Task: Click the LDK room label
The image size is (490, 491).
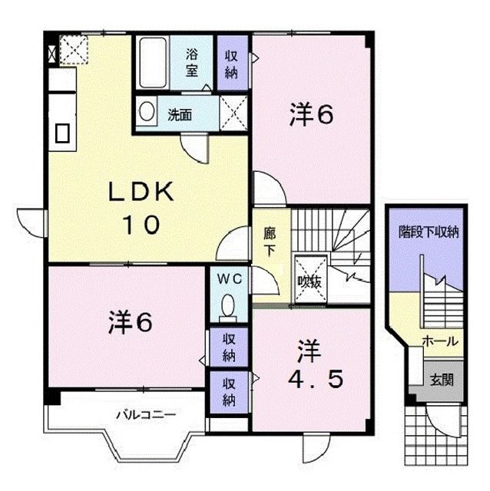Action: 141,192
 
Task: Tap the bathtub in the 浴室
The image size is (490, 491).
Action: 153,63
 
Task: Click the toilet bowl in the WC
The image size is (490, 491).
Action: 228,305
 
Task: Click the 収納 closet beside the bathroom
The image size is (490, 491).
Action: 232,63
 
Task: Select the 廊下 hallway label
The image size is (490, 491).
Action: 270,242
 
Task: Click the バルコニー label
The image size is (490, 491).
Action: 146,416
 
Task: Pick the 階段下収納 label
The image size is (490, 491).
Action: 429,232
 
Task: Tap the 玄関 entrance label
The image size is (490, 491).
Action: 442,381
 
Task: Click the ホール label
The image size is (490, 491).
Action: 440,341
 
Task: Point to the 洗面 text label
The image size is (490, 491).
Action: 180,115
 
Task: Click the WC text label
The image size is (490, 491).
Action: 230,278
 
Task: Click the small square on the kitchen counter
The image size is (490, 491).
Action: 62,133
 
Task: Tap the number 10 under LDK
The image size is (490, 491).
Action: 141,224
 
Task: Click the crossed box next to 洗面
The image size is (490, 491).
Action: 233,114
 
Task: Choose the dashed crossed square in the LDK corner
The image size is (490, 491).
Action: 74,50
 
